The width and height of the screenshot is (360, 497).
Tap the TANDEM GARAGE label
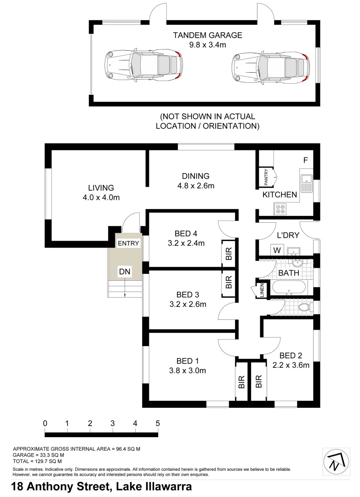207,35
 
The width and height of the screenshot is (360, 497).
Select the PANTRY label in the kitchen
266,178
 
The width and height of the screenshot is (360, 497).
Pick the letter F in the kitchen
305,161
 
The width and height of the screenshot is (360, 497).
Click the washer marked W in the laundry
277,250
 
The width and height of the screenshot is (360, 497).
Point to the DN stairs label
125,272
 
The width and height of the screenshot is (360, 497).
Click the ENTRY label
128,243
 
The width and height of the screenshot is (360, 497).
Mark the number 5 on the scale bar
158,423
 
